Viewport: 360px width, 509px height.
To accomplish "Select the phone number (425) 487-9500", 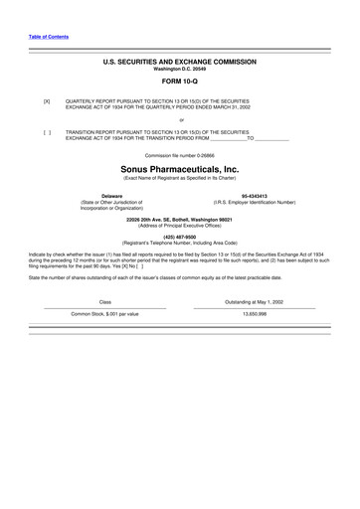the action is click(x=180, y=237).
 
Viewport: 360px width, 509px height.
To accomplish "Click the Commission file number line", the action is click(x=180, y=156).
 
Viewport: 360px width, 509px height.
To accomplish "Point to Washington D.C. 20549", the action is click(x=180, y=68).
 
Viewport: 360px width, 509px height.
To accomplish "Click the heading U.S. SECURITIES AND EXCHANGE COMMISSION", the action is click(x=180, y=61).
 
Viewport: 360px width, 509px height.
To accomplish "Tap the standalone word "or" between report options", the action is click(x=180, y=119).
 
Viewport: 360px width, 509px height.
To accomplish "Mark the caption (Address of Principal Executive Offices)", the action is click(x=180, y=225).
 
